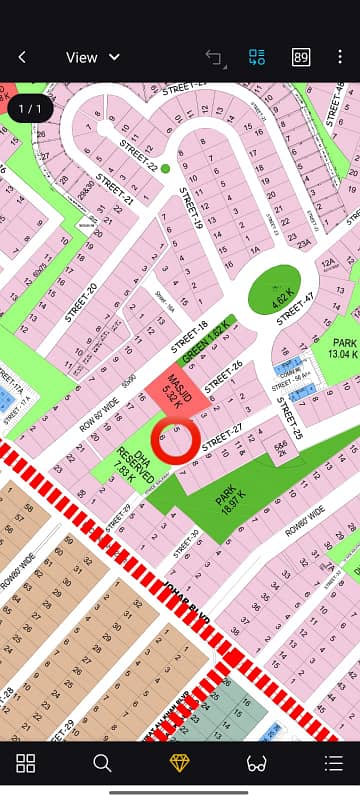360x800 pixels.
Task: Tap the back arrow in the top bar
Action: (22, 57)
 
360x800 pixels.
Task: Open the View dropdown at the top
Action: (92, 57)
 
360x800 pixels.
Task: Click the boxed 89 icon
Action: (301, 57)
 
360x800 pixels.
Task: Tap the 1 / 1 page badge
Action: (31, 107)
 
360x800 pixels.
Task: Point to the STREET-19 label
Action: (191, 211)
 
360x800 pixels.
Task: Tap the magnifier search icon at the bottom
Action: (102, 763)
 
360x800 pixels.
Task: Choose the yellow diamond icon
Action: (179, 763)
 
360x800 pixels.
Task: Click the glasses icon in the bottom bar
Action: (256, 763)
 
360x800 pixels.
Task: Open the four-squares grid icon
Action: (26, 763)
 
